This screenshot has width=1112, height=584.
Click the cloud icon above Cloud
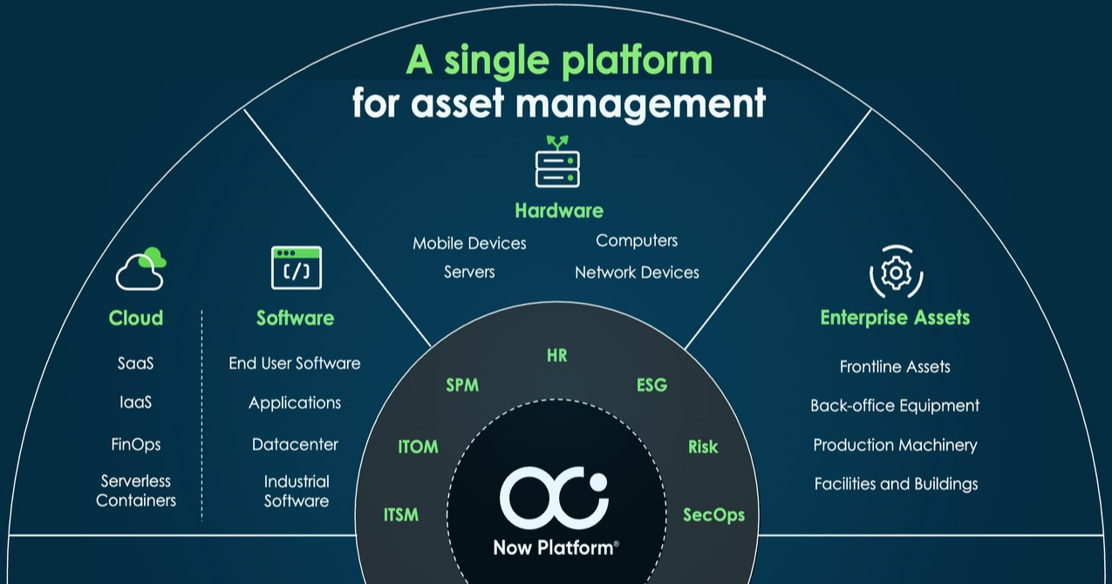click(x=140, y=269)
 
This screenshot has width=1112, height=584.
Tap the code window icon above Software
click(x=297, y=268)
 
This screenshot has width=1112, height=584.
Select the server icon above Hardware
click(x=557, y=162)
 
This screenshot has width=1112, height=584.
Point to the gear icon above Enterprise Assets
click(x=896, y=272)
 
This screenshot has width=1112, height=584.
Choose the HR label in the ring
click(x=557, y=355)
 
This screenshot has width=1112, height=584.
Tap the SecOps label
click(x=713, y=515)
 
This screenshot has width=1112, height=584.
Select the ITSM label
click(x=401, y=515)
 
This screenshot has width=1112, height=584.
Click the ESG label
click(x=652, y=385)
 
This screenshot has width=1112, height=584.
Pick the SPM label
click(x=462, y=385)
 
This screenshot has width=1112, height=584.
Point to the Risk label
click(x=703, y=447)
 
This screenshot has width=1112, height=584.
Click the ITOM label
click(x=418, y=447)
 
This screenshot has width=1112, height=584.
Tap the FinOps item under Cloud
click(x=136, y=444)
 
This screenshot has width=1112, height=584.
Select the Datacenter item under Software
click(x=295, y=444)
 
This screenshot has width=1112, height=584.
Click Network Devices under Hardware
click(x=637, y=272)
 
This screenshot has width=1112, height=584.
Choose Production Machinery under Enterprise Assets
click(x=895, y=445)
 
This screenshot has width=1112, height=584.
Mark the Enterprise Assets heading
click(x=895, y=318)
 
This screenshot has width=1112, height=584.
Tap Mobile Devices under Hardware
click(x=469, y=243)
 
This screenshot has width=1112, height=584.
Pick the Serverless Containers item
click(x=136, y=491)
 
